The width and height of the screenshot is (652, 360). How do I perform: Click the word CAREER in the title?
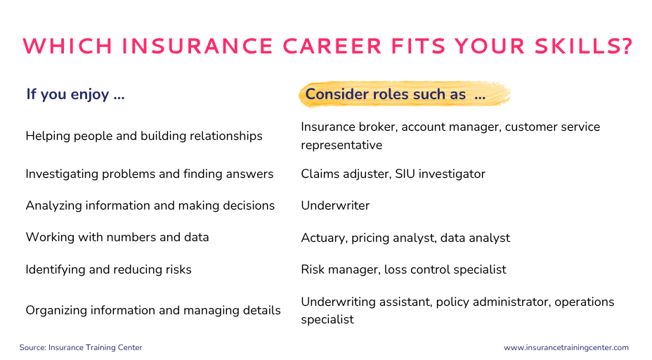(x=332, y=46)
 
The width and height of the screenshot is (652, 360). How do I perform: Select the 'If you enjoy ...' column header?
(x=75, y=94)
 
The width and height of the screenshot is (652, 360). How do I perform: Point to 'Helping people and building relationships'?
(x=144, y=136)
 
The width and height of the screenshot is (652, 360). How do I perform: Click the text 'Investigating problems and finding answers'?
(x=149, y=174)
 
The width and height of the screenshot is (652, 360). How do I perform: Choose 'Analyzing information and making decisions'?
(x=150, y=205)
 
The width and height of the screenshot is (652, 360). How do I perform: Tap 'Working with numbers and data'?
(x=117, y=237)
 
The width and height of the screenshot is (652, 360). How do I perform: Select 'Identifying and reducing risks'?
(x=108, y=270)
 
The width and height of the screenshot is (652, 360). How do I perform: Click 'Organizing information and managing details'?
(x=153, y=311)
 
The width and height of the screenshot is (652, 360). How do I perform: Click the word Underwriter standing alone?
(x=335, y=205)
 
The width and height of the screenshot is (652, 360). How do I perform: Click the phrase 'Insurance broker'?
(x=348, y=127)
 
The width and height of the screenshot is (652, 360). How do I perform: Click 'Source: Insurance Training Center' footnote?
(x=81, y=347)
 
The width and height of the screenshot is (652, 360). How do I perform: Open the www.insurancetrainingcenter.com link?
(x=566, y=347)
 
